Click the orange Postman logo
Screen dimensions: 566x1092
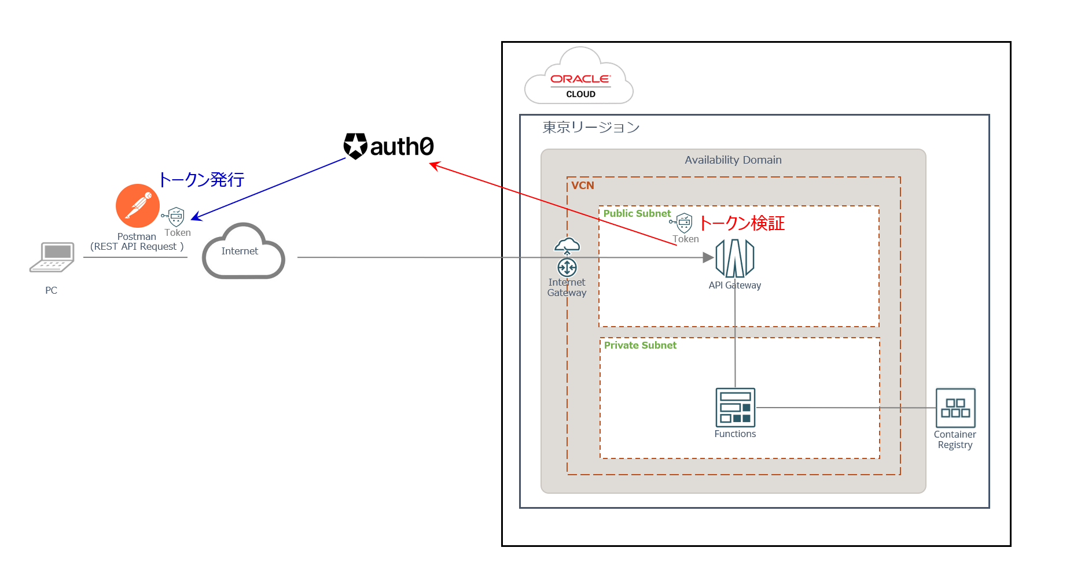coord(138,206)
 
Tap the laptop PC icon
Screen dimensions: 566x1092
coord(52,257)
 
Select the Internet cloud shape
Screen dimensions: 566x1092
coord(243,252)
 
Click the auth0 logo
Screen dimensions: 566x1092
coord(389,146)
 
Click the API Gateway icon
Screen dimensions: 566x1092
coord(735,258)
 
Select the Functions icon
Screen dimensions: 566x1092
coord(735,408)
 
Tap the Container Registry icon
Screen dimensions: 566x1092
coord(955,408)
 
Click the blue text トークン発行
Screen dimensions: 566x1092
coord(201,180)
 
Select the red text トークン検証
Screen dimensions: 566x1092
coord(742,223)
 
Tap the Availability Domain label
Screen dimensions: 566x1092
coord(733,160)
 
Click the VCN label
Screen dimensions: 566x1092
coord(582,186)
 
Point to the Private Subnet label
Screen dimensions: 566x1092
coord(640,345)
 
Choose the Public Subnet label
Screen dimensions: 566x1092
coord(637,213)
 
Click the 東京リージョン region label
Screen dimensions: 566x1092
coord(590,127)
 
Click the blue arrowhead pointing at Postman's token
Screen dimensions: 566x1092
coord(196,217)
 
